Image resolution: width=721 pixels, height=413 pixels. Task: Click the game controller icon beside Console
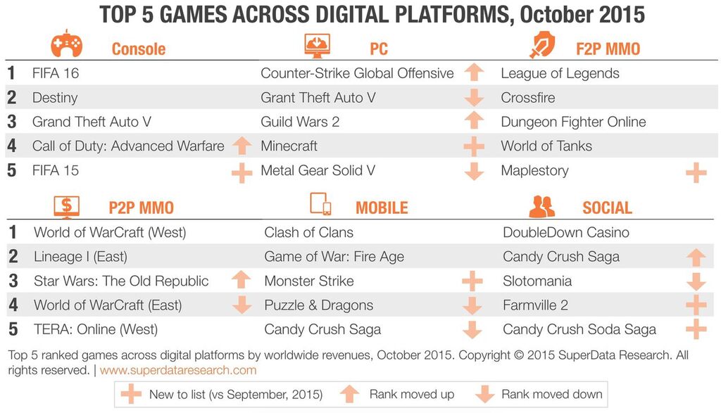(x=66, y=44)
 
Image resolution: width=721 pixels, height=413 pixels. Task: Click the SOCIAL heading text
(x=607, y=208)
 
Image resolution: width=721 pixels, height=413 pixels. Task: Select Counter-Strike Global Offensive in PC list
(x=357, y=73)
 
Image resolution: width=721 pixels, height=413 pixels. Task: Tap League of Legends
(x=560, y=73)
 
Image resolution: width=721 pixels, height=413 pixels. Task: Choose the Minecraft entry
(x=289, y=146)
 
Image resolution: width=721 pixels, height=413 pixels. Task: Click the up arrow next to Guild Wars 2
(x=475, y=120)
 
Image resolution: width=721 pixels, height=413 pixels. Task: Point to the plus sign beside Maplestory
(x=696, y=172)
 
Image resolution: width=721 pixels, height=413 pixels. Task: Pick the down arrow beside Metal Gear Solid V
(x=475, y=171)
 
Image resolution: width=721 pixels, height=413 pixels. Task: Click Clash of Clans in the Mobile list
(x=308, y=232)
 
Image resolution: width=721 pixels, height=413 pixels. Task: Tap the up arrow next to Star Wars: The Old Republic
(x=242, y=280)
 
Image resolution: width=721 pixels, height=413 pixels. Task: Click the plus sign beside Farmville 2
(x=696, y=305)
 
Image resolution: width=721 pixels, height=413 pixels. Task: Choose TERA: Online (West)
(x=96, y=329)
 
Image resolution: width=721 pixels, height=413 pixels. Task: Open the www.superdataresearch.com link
(x=178, y=369)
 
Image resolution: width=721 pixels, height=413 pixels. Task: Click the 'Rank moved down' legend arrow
(x=484, y=394)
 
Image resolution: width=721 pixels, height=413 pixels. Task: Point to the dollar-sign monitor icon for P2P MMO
(x=67, y=205)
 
